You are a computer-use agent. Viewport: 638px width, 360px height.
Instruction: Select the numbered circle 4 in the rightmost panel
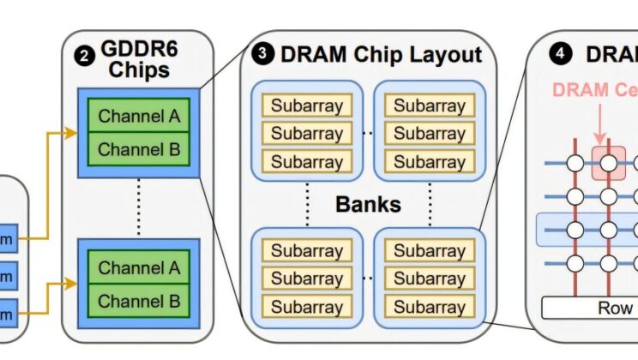point(561,54)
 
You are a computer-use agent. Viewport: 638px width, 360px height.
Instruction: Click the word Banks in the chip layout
point(369,205)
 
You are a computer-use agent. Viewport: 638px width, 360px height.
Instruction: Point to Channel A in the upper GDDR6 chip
point(138,116)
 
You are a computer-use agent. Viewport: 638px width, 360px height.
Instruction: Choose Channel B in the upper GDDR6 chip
point(138,149)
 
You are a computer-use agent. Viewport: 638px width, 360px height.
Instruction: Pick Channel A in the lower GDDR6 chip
point(138,267)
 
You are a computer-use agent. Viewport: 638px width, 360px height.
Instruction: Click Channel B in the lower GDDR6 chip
point(138,301)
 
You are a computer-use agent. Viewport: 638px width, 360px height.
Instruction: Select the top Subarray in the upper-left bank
point(307,106)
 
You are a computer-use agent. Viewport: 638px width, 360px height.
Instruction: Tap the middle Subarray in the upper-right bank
point(429,134)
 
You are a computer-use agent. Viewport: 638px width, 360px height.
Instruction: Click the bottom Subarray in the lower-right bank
point(429,306)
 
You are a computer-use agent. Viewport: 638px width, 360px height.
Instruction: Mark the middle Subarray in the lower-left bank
point(307,279)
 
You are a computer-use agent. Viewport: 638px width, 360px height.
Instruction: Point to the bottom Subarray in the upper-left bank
point(307,161)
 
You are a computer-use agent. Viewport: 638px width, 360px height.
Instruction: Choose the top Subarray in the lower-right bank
point(429,251)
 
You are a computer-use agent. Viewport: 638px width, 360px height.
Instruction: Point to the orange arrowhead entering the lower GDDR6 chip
point(73,280)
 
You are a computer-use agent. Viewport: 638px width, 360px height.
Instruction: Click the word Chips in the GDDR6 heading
point(138,69)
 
